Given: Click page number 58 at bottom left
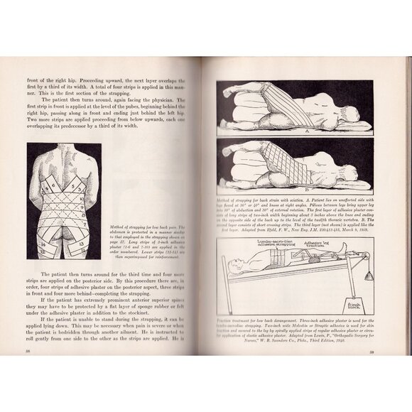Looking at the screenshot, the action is (x=28, y=350).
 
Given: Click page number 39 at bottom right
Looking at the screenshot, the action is (x=379, y=351).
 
